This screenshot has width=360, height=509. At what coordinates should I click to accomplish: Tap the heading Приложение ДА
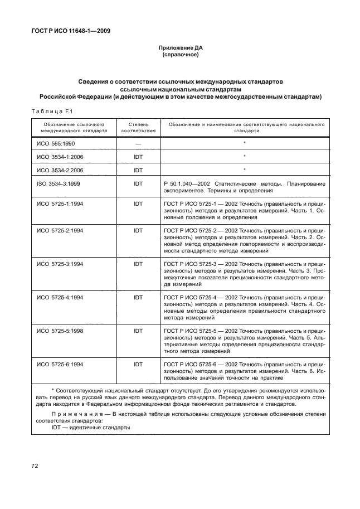(180, 49)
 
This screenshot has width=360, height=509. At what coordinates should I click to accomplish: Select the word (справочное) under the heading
(180, 56)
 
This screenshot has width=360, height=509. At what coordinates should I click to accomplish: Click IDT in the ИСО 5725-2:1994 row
(138, 230)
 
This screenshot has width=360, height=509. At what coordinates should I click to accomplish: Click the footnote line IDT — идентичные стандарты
(83, 428)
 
